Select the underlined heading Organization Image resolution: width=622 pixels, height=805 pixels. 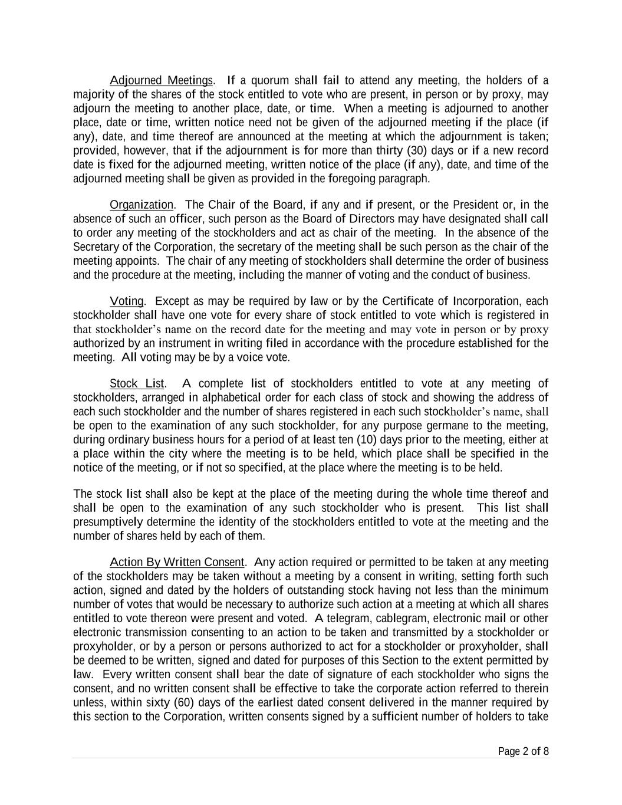click(141, 205)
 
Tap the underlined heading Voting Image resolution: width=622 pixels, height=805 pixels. click(127, 301)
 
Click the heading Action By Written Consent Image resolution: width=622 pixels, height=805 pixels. click(177, 562)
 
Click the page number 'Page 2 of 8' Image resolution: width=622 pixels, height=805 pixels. click(523, 751)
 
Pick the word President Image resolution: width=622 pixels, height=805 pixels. click(474, 205)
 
